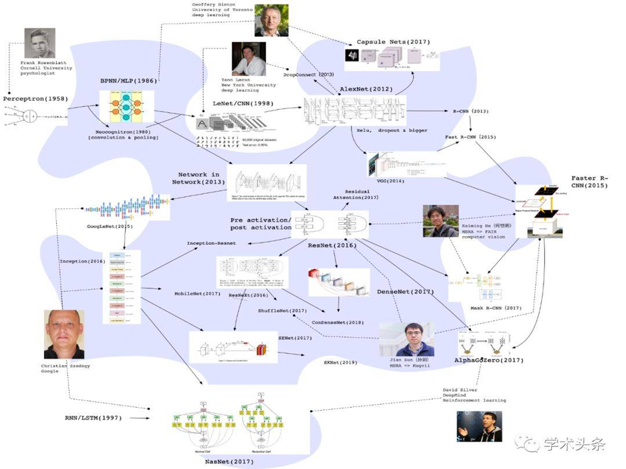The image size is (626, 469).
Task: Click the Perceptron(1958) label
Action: pyautogui.click(x=33, y=99)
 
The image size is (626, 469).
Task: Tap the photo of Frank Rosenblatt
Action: pyautogui.click(x=39, y=44)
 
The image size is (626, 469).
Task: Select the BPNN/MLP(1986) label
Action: pyautogui.click(x=126, y=83)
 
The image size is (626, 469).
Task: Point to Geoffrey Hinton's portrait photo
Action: pyautogui.click(x=271, y=21)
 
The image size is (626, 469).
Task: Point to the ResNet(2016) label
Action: pyautogui.click(x=332, y=246)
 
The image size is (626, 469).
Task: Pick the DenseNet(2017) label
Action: pyautogui.click(x=405, y=292)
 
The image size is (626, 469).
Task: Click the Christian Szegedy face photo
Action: pyautogui.click(x=64, y=334)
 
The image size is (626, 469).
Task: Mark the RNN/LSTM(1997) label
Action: pyautogui.click(x=93, y=417)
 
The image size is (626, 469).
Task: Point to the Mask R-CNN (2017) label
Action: pyautogui.click(x=495, y=308)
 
